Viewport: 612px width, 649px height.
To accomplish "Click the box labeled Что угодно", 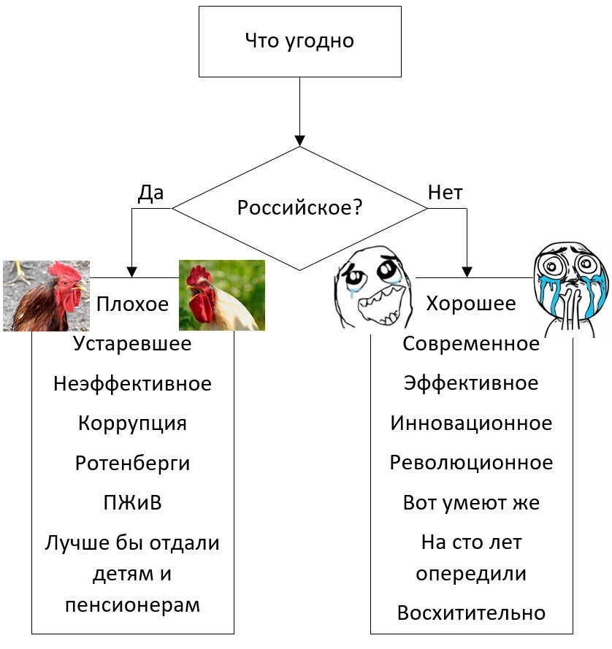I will pyautogui.click(x=299, y=41).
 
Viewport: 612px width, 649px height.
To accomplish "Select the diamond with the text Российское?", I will pyautogui.click(x=299, y=208).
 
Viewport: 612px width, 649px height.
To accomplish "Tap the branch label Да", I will pyautogui.click(x=150, y=193).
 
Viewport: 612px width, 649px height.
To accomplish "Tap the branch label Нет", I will pyautogui.click(x=445, y=193).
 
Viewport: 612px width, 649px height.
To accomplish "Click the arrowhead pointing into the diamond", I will pyautogui.click(x=299, y=141).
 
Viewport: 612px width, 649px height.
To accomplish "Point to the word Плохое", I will pyautogui.click(x=133, y=304).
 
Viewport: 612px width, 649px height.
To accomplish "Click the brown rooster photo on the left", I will pyautogui.click(x=46, y=296).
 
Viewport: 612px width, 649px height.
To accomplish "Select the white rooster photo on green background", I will pyautogui.click(x=222, y=296).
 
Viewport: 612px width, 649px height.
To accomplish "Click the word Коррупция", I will pyautogui.click(x=132, y=423).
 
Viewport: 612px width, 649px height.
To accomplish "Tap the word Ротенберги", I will pyautogui.click(x=132, y=463).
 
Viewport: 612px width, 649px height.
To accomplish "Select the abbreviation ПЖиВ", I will pyautogui.click(x=132, y=503).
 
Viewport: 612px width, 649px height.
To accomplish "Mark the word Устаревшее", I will pyautogui.click(x=132, y=343).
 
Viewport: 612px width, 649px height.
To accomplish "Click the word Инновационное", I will pyautogui.click(x=471, y=423).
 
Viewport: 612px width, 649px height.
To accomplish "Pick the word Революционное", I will pyautogui.click(x=471, y=463).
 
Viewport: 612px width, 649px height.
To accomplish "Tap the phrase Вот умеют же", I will pyautogui.click(x=471, y=503).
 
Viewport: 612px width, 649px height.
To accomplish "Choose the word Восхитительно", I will pyautogui.click(x=471, y=613).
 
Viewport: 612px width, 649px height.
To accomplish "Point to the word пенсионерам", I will pyautogui.click(x=132, y=606).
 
